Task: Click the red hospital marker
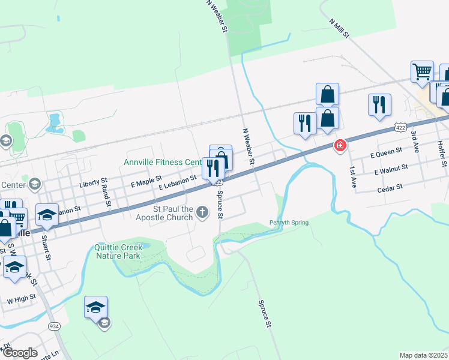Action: [340, 145]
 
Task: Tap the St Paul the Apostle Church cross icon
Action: [202, 212]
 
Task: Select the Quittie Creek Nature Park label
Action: [118, 251]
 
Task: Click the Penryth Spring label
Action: [289, 223]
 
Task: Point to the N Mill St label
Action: [339, 28]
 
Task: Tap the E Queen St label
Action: [385, 155]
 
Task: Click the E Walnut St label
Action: [390, 171]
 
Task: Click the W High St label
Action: [18, 299]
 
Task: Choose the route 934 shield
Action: [55, 326]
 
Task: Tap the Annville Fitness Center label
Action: [163, 162]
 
